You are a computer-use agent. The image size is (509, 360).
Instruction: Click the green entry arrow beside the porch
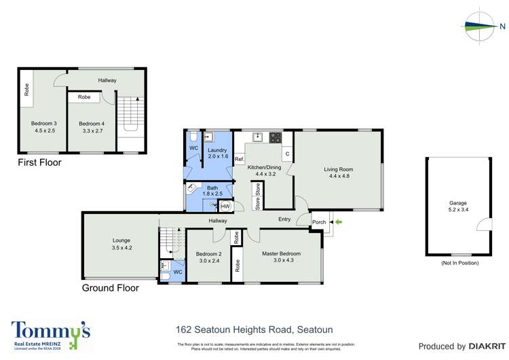pyautogui.click(x=339, y=222)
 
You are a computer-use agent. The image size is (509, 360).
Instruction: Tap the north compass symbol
pyautogui.click(x=483, y=26)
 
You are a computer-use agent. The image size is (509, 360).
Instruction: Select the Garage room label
pyautogui.click(x=458, y=203)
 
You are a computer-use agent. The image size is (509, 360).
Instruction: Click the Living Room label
pyautogui.click(x=337, y=170)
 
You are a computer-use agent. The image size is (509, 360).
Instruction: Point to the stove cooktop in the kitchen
pyautogui.click(x=276, y=137)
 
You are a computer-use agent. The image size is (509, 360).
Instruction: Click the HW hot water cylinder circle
pyautogui.click(x=225, y=206)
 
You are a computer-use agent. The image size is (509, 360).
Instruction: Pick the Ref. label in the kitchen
pyautogui.click(x=239, y=160)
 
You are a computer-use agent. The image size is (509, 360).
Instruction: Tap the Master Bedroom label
pyautogui.click(x=281, y=254)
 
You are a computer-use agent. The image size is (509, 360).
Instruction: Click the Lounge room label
pyautogui.click(x=121, y=240)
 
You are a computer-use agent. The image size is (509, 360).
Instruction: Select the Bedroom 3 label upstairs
pyautogui.click(x=43, y=124)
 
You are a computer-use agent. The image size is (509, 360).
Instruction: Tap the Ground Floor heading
pyautogui.click(x=110, y=288)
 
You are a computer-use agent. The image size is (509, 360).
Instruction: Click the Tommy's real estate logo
pyautogui.click(x=51, y=334)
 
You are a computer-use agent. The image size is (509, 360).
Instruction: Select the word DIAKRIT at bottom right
pyautogui.click(x=484, y=346)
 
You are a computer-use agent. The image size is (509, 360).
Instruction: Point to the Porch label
pyautogui.click(x=318, y=222)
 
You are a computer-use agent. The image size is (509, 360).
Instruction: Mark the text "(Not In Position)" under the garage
pyautogui.click(x=459, y=263)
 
